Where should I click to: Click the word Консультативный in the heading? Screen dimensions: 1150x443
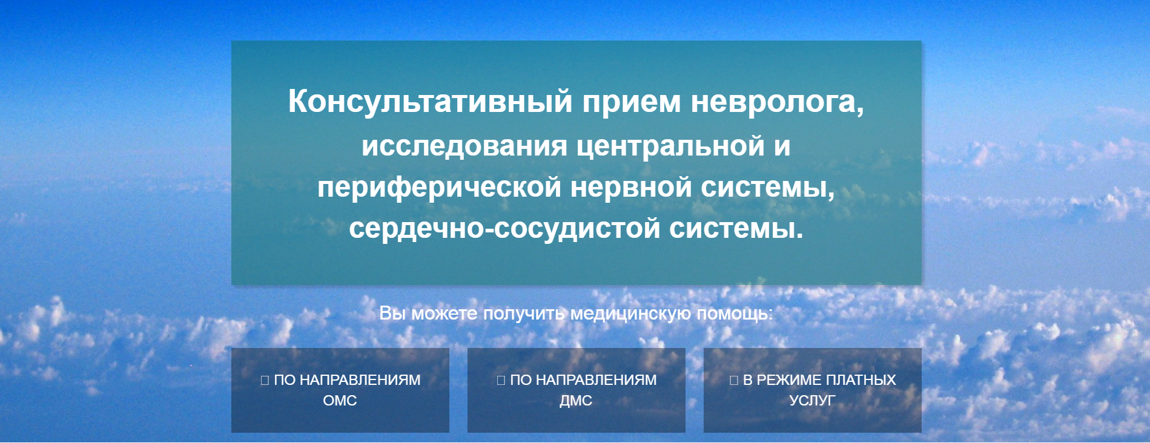tap(430, 101)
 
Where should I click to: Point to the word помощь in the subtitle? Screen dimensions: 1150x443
tap(735, 314)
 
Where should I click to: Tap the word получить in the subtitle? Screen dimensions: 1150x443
tap(523, 314)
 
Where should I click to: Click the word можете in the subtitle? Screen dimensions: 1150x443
tap(444, 314)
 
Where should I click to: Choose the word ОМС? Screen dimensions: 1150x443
tap(340, 401)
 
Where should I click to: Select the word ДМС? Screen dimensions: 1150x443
tap(576, 401)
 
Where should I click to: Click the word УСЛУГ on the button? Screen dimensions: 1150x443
tap(812, 401)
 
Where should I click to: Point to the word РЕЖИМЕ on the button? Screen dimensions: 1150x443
tap(788, 380)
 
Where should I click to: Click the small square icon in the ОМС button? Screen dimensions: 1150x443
tap(265, 381)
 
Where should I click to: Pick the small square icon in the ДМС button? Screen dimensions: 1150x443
tap(501, 381)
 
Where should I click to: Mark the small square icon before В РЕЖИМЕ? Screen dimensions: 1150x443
tap(734, 381)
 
